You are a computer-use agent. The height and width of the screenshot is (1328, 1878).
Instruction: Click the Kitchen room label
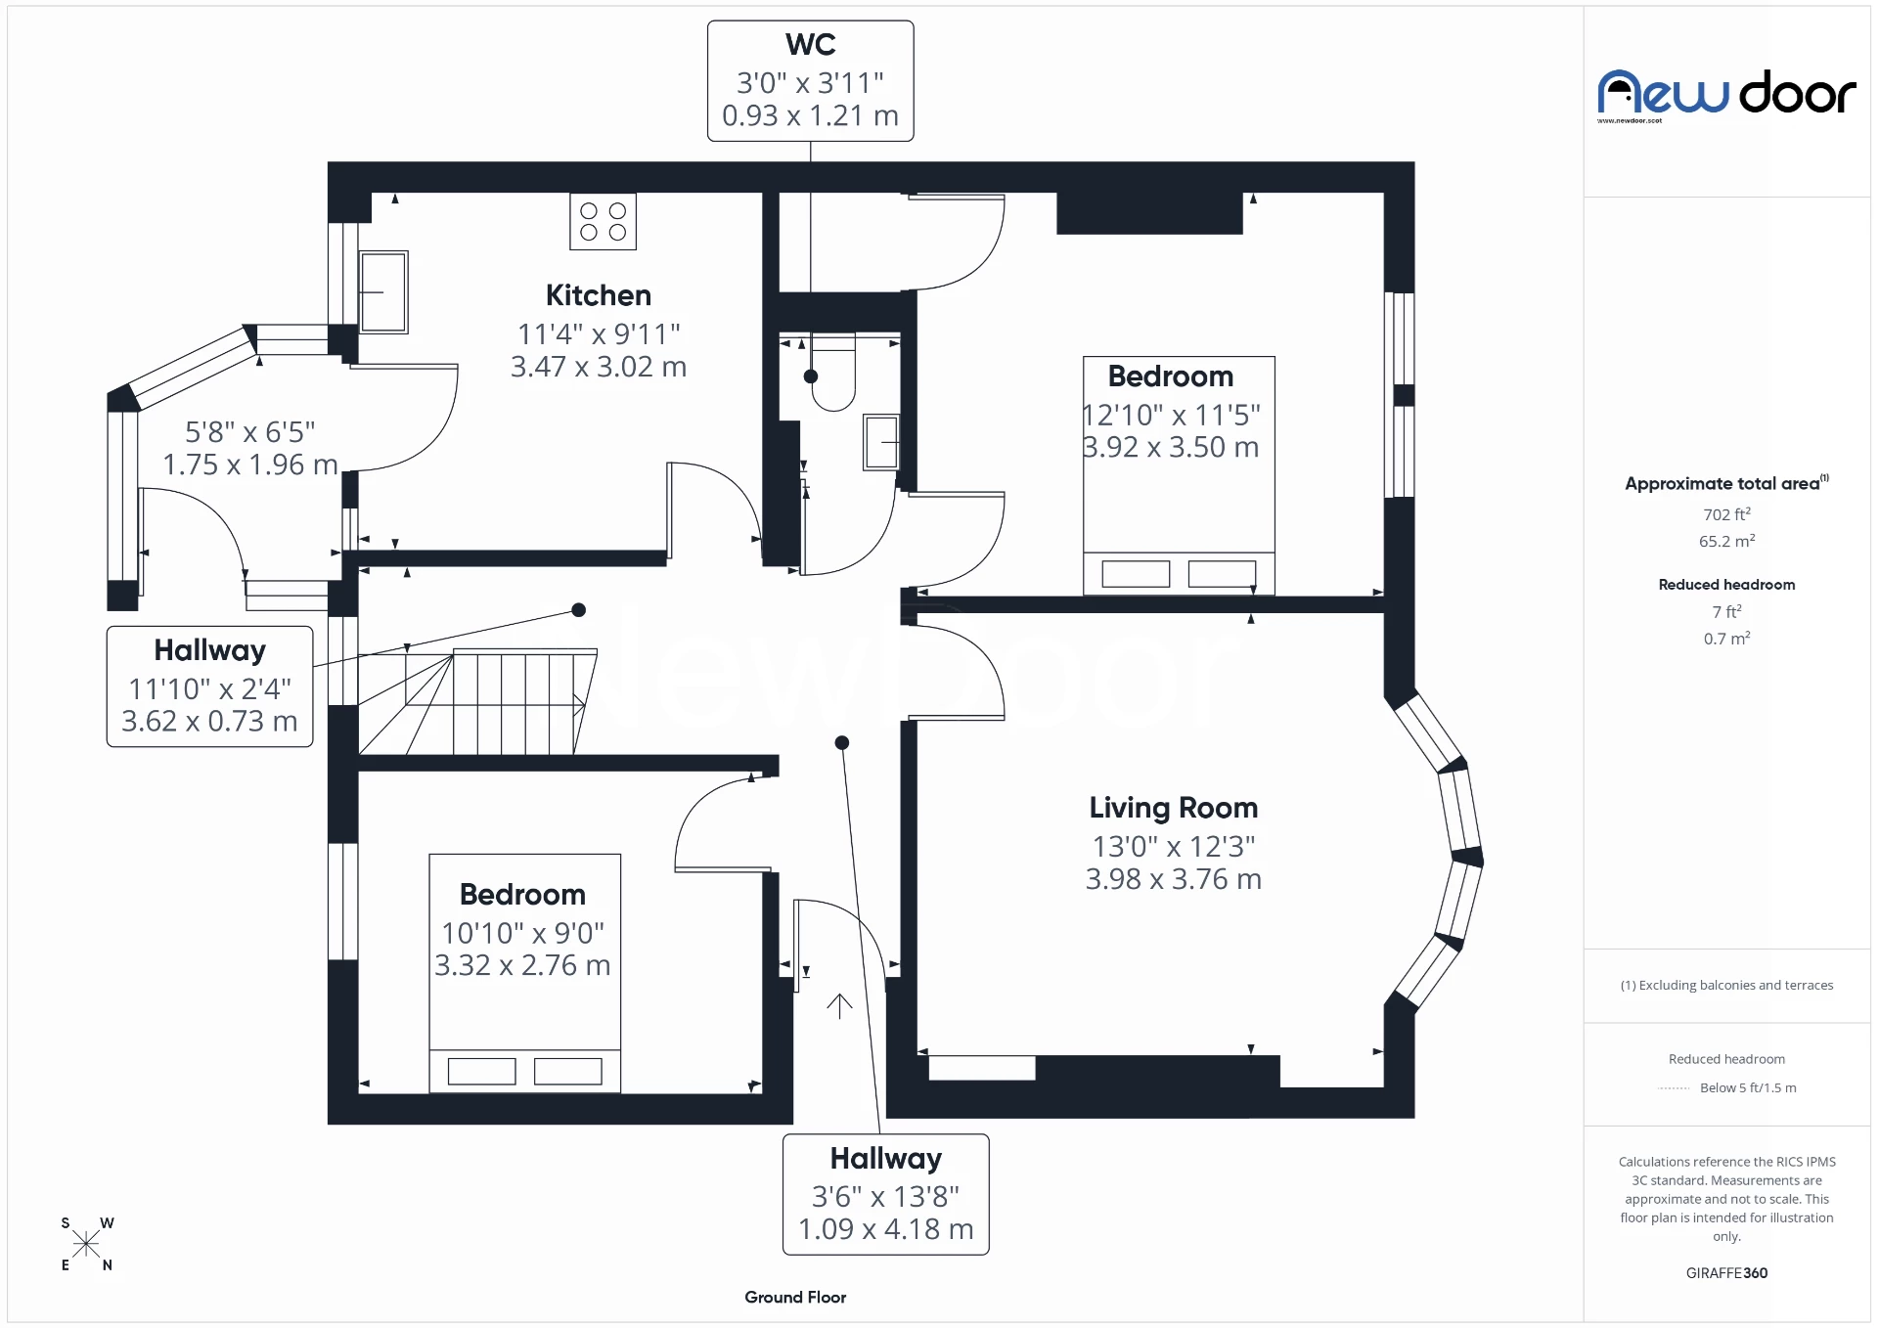click(x=598, y=295)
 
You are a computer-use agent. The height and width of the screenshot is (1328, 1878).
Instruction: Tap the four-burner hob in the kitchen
click(x=603, y=222)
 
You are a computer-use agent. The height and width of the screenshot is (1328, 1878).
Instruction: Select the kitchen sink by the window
click(x=383, y=291)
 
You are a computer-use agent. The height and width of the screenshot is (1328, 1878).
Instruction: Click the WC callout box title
click(x=810, y=45)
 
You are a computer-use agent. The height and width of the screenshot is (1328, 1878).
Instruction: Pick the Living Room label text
click(x=1173, y=808)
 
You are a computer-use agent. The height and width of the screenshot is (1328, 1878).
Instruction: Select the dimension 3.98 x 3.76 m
click(x=1173, y=879)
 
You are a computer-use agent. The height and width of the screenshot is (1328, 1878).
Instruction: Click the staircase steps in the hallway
click(x=514, y=704)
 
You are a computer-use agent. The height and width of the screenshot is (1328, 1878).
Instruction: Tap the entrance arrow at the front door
click(x=839, y=1005)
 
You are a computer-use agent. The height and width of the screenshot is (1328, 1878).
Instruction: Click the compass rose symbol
click(x=86, y=1244)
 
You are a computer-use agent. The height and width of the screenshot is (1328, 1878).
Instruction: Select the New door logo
click(x=1726, y=94)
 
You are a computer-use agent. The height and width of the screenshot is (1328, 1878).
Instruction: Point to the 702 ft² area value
click(x=1726, y=514)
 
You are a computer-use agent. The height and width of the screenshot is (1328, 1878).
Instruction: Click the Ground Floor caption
click(x=794, y=1297)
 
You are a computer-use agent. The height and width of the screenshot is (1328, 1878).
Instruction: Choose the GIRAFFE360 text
click(x=1726, y=1272)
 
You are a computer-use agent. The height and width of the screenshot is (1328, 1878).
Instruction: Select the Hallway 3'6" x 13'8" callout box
click(x=885, y=1194)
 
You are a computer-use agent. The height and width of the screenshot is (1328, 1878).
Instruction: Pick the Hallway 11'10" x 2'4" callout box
click(x=209, y=686)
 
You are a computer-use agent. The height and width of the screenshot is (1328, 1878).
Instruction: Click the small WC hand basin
click(x=880, y=443)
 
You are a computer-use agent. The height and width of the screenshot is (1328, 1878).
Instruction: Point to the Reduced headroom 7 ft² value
click(x=1726, y=611)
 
